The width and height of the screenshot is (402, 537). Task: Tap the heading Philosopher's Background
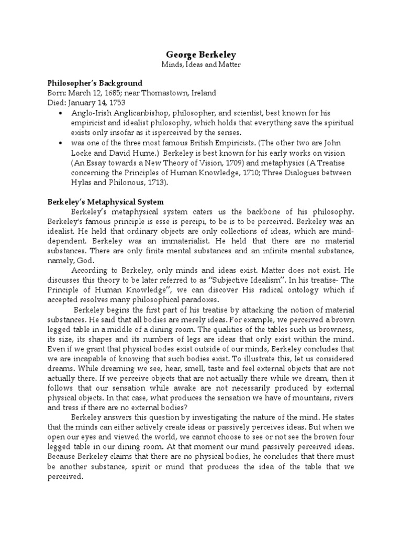tap(95, 83)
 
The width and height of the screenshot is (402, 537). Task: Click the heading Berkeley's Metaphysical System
tap(106, 201)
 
